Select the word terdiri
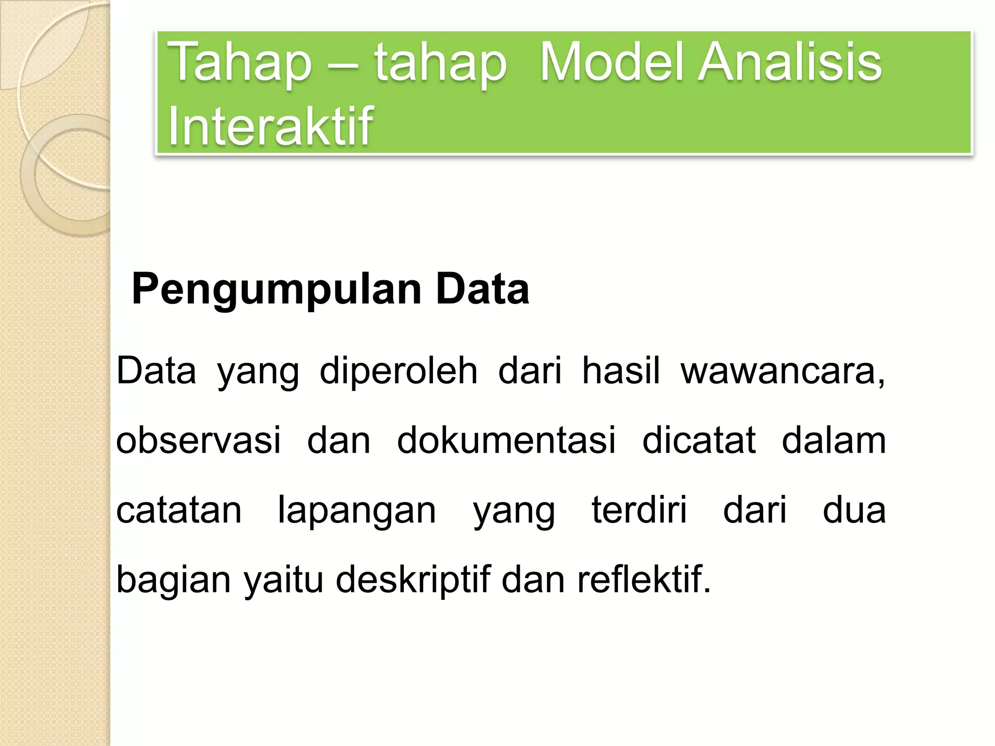coord(639,510)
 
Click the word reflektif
coord(643,580)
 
